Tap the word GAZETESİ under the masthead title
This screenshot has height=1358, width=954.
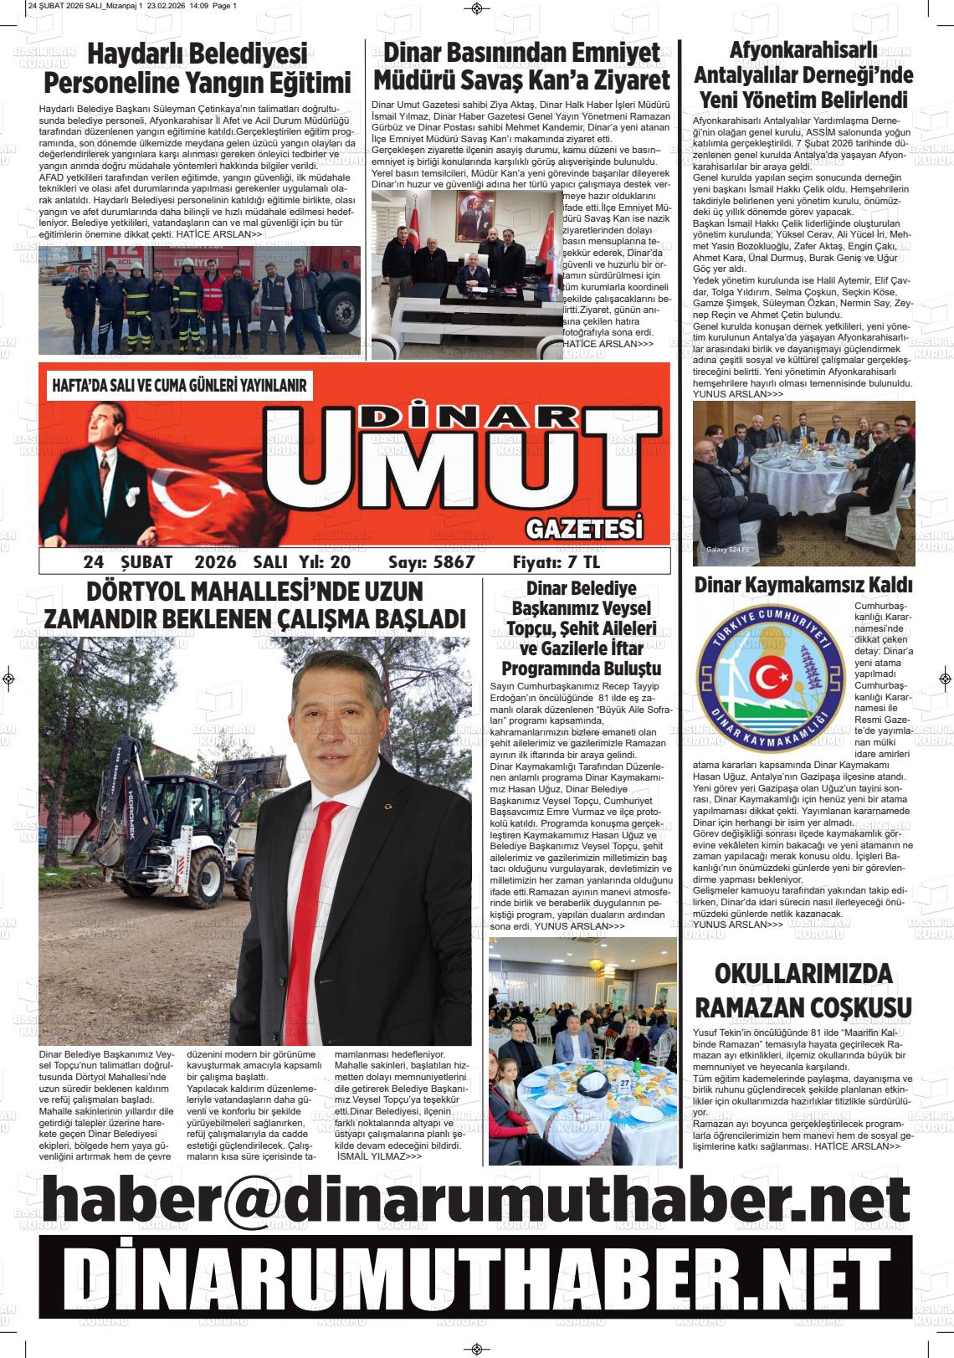click(585, 529)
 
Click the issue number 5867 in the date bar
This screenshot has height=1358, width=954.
click(454, 562)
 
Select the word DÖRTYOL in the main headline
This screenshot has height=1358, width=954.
click(137, 592)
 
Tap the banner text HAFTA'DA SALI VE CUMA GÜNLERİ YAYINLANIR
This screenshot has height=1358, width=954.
click(180, 387)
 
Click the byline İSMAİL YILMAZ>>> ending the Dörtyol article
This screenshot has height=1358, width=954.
click(378, 1156)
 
